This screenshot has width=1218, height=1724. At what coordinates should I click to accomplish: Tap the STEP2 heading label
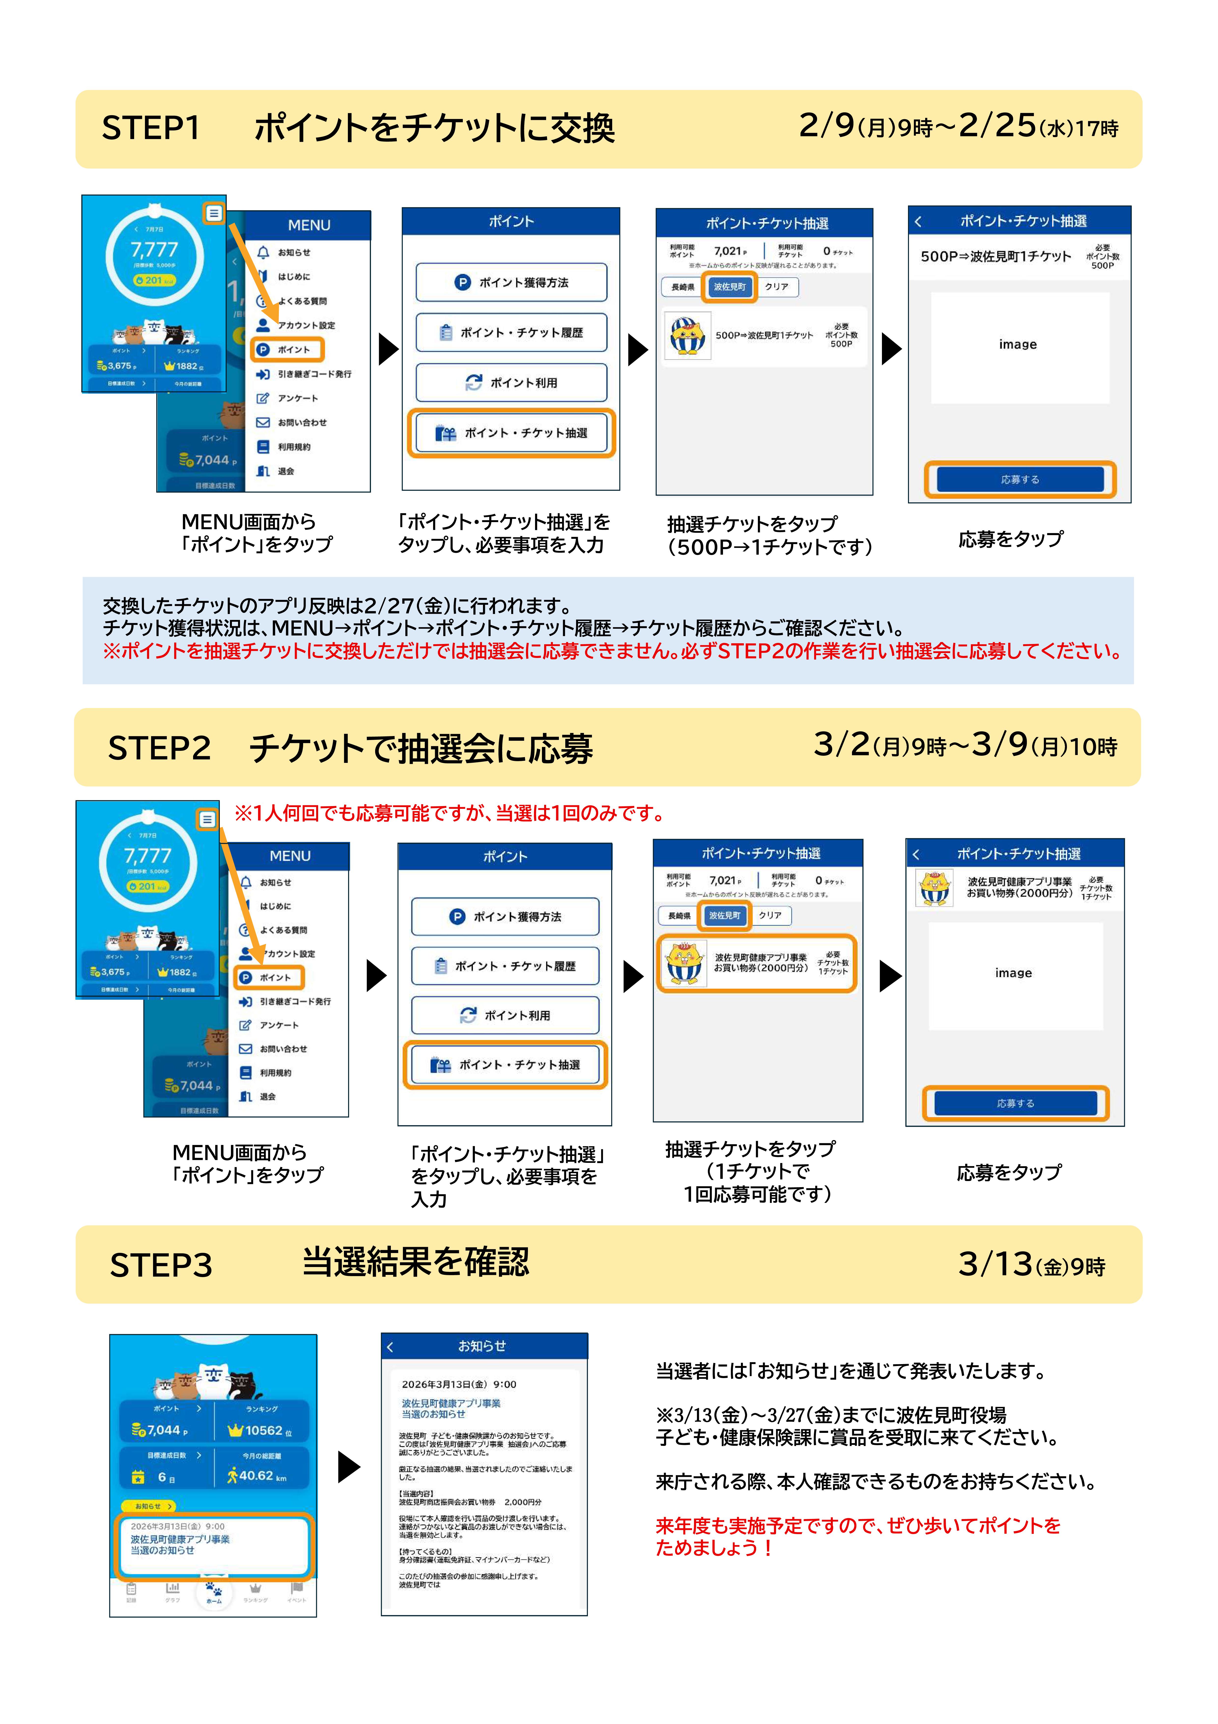click(x=159, y=748)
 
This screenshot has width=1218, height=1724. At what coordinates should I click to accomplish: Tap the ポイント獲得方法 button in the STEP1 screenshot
click(x=511, y=282)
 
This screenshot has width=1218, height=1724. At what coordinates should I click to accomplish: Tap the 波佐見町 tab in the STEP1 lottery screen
click(x=729, y=287)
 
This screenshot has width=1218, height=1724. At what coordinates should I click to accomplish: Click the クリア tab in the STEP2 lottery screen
click(x=770, y=915)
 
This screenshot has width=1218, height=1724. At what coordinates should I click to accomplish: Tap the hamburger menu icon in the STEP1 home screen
click(x=214, y=213)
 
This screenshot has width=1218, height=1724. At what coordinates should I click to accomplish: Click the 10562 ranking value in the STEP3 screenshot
click(x=263, y=1430)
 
